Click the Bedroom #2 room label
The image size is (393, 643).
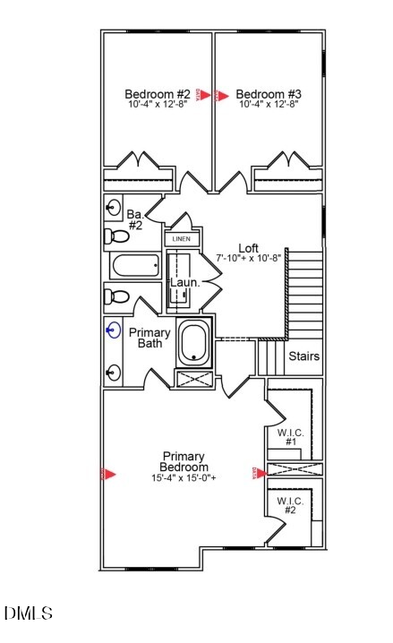(158, 93)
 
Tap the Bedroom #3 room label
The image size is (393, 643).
(269, 93)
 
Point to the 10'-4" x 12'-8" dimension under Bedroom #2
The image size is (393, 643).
(158, 105)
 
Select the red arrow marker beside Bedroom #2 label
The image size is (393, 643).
(205, 94)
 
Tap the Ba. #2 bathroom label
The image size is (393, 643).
(135, 220)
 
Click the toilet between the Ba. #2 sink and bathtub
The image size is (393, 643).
(116, 237)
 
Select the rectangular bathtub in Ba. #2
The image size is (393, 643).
(134, 266)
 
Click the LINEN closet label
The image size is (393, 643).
(181, 239)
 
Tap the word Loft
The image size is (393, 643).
(249, 248)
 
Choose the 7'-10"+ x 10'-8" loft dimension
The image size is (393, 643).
(249, 258)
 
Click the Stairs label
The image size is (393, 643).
(303, 356)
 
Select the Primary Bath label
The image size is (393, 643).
(150, 338)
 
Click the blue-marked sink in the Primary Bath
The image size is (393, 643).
(113, 330)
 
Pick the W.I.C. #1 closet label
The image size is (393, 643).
(291, 437)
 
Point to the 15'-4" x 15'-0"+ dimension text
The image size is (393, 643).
(184, 478)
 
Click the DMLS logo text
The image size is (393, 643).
(28, 614)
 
